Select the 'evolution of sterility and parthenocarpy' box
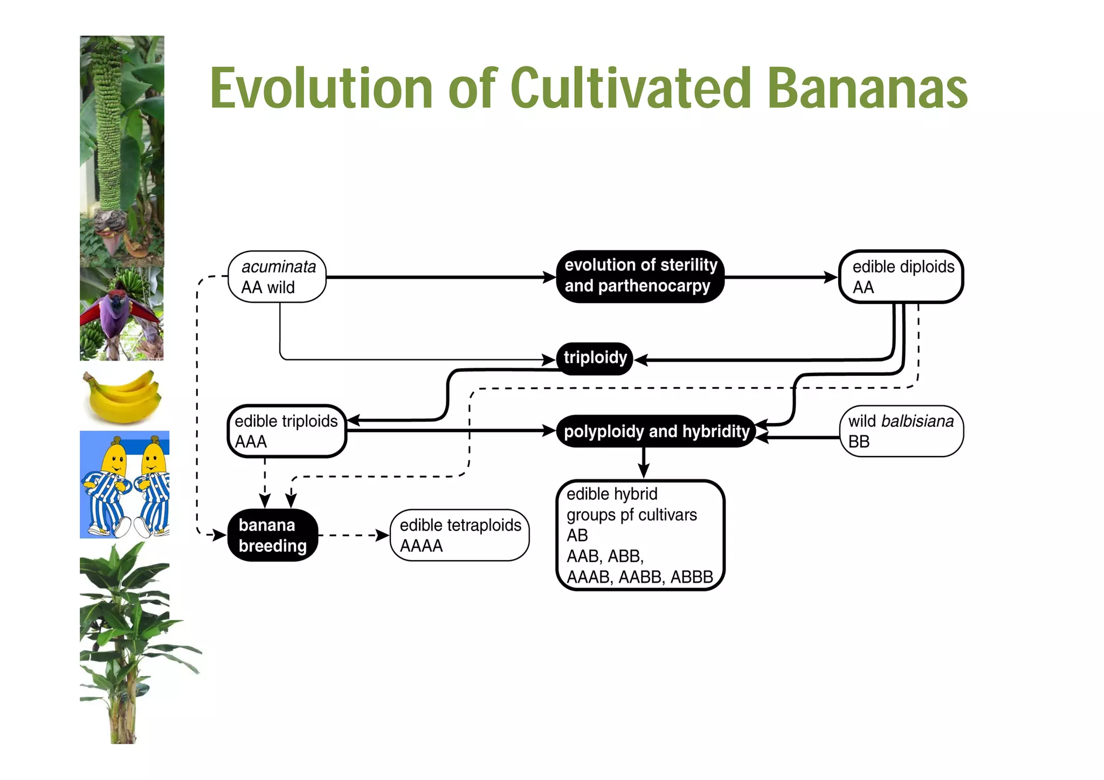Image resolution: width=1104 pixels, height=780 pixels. point(640,276)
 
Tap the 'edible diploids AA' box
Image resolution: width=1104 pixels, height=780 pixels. point(901,277)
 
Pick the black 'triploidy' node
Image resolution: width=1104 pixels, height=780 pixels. point(595,358)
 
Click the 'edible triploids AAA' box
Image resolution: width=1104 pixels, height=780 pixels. point(286,431)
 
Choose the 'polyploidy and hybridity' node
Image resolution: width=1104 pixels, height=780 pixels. point(655,431)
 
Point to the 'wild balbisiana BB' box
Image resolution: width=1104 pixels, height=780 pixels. point(901,431)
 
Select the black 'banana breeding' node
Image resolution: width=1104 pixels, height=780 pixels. point(272,535)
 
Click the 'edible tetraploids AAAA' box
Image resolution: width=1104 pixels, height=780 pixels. point(460,535)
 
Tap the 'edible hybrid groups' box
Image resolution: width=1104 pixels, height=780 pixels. point(640,535)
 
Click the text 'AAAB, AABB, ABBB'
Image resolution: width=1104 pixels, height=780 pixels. point(640,577)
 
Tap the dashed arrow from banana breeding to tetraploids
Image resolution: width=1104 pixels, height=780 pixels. point(353,535)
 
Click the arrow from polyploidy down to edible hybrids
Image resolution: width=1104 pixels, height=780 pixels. point(644,463)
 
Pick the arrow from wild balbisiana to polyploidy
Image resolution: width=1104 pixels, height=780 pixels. point(801,438)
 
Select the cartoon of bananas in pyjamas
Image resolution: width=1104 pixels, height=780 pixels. point(125,484)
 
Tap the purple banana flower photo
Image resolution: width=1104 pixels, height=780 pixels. point(122,314)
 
